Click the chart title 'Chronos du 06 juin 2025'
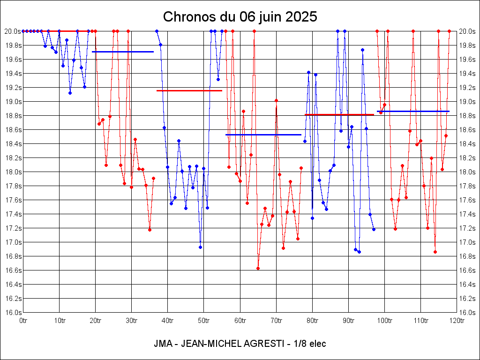[240, 17]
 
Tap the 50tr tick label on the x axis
[204, 321]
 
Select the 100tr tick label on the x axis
[384, 321]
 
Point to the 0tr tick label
[23, 321]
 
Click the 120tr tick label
[457, 321]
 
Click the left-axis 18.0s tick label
[13, 172]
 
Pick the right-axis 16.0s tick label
[467, 313]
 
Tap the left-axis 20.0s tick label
[13, 31]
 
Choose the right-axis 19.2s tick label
[467, 88]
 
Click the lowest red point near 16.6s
[258, 268]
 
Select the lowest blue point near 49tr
[200, 247]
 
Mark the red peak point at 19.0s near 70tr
[276, 100]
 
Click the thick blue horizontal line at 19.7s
[123, 52]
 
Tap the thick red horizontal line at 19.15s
[189, 90]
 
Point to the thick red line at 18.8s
[339, 114]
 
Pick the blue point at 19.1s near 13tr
[70, 93]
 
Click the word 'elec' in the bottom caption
[317, 344]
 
